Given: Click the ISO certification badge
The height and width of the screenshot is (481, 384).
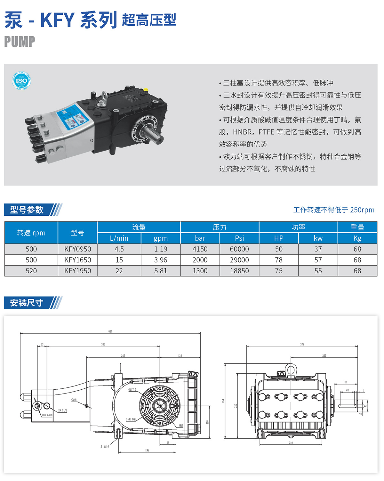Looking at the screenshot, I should [21, 80].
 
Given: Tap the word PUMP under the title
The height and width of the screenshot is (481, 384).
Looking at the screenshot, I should [20, 42].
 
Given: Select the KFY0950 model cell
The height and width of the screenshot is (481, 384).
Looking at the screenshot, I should [77, 249].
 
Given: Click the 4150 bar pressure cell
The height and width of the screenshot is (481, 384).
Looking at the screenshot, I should [200, 249].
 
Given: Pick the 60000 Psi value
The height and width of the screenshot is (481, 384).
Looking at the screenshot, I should [239, 249].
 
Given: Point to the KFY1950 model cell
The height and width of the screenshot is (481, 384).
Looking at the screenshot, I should [77, 271].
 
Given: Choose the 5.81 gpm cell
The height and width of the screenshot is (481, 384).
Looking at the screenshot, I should [161, 271].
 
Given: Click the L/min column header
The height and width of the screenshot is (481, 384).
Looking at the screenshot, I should [119, 238].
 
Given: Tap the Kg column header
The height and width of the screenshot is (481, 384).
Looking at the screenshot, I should [357, 238].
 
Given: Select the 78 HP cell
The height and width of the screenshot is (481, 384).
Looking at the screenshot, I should [279, 260].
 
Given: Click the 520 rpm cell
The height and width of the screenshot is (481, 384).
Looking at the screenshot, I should [31, 271].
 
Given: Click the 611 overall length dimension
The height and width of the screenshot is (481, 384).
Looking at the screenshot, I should [110, 331].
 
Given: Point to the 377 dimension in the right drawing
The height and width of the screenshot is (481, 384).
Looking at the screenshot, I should [302, 344].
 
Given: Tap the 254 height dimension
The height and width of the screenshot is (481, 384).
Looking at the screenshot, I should [223, 401].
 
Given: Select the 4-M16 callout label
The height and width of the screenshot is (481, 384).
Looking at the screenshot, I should [105, 447].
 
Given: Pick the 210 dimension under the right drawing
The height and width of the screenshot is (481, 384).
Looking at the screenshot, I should [291, 443].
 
